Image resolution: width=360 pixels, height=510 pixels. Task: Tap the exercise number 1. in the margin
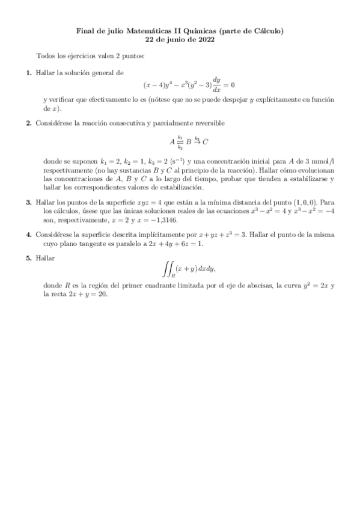[x=28, y=72]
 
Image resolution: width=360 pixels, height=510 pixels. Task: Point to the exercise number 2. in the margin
[x=28, y=123]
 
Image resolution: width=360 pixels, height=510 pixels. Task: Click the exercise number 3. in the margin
[x=28, y=203]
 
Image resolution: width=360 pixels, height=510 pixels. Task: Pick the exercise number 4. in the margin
[x=28, y=233]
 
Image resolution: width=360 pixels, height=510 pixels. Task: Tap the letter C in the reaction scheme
[x=205, y=142]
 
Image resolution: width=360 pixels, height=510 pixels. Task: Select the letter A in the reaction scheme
[x=172, y=142]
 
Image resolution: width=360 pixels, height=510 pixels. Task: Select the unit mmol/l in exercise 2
[x=323, y=162]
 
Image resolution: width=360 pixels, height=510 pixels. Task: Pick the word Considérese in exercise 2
[x=54, y=123]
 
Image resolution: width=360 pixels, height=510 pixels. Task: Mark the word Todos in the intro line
[x=46, y=56]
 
